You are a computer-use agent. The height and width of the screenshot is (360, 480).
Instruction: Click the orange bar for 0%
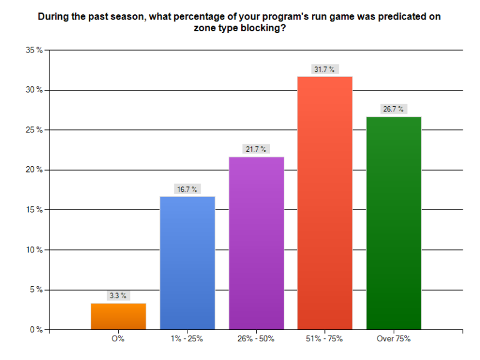(118, 316)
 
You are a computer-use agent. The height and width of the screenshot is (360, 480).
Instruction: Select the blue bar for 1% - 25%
(187, 263)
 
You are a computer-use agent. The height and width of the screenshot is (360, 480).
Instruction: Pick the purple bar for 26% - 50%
(256, 243)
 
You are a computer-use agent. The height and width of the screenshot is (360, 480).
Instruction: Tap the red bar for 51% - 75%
(325, 203)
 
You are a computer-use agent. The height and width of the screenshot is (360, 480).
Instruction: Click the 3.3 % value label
(118, 296)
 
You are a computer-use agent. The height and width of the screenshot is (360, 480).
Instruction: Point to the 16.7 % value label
(187, 189)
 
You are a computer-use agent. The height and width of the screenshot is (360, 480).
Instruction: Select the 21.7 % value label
(256, 149)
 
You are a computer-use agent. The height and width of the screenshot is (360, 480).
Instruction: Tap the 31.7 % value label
(325, 69)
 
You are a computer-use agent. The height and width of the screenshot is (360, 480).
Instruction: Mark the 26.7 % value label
(394, 109)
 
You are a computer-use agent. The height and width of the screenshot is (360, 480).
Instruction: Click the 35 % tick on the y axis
(34, 50)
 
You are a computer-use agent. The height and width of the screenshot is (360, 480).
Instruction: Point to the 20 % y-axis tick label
(34, 170)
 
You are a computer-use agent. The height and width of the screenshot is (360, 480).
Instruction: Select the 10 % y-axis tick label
(34, 250)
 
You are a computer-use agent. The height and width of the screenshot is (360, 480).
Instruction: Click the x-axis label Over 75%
(394, 339)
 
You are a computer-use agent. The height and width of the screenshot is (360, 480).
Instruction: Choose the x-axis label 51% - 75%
(325, 339)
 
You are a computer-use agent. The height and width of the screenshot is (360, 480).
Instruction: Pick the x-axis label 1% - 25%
(187, 339)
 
